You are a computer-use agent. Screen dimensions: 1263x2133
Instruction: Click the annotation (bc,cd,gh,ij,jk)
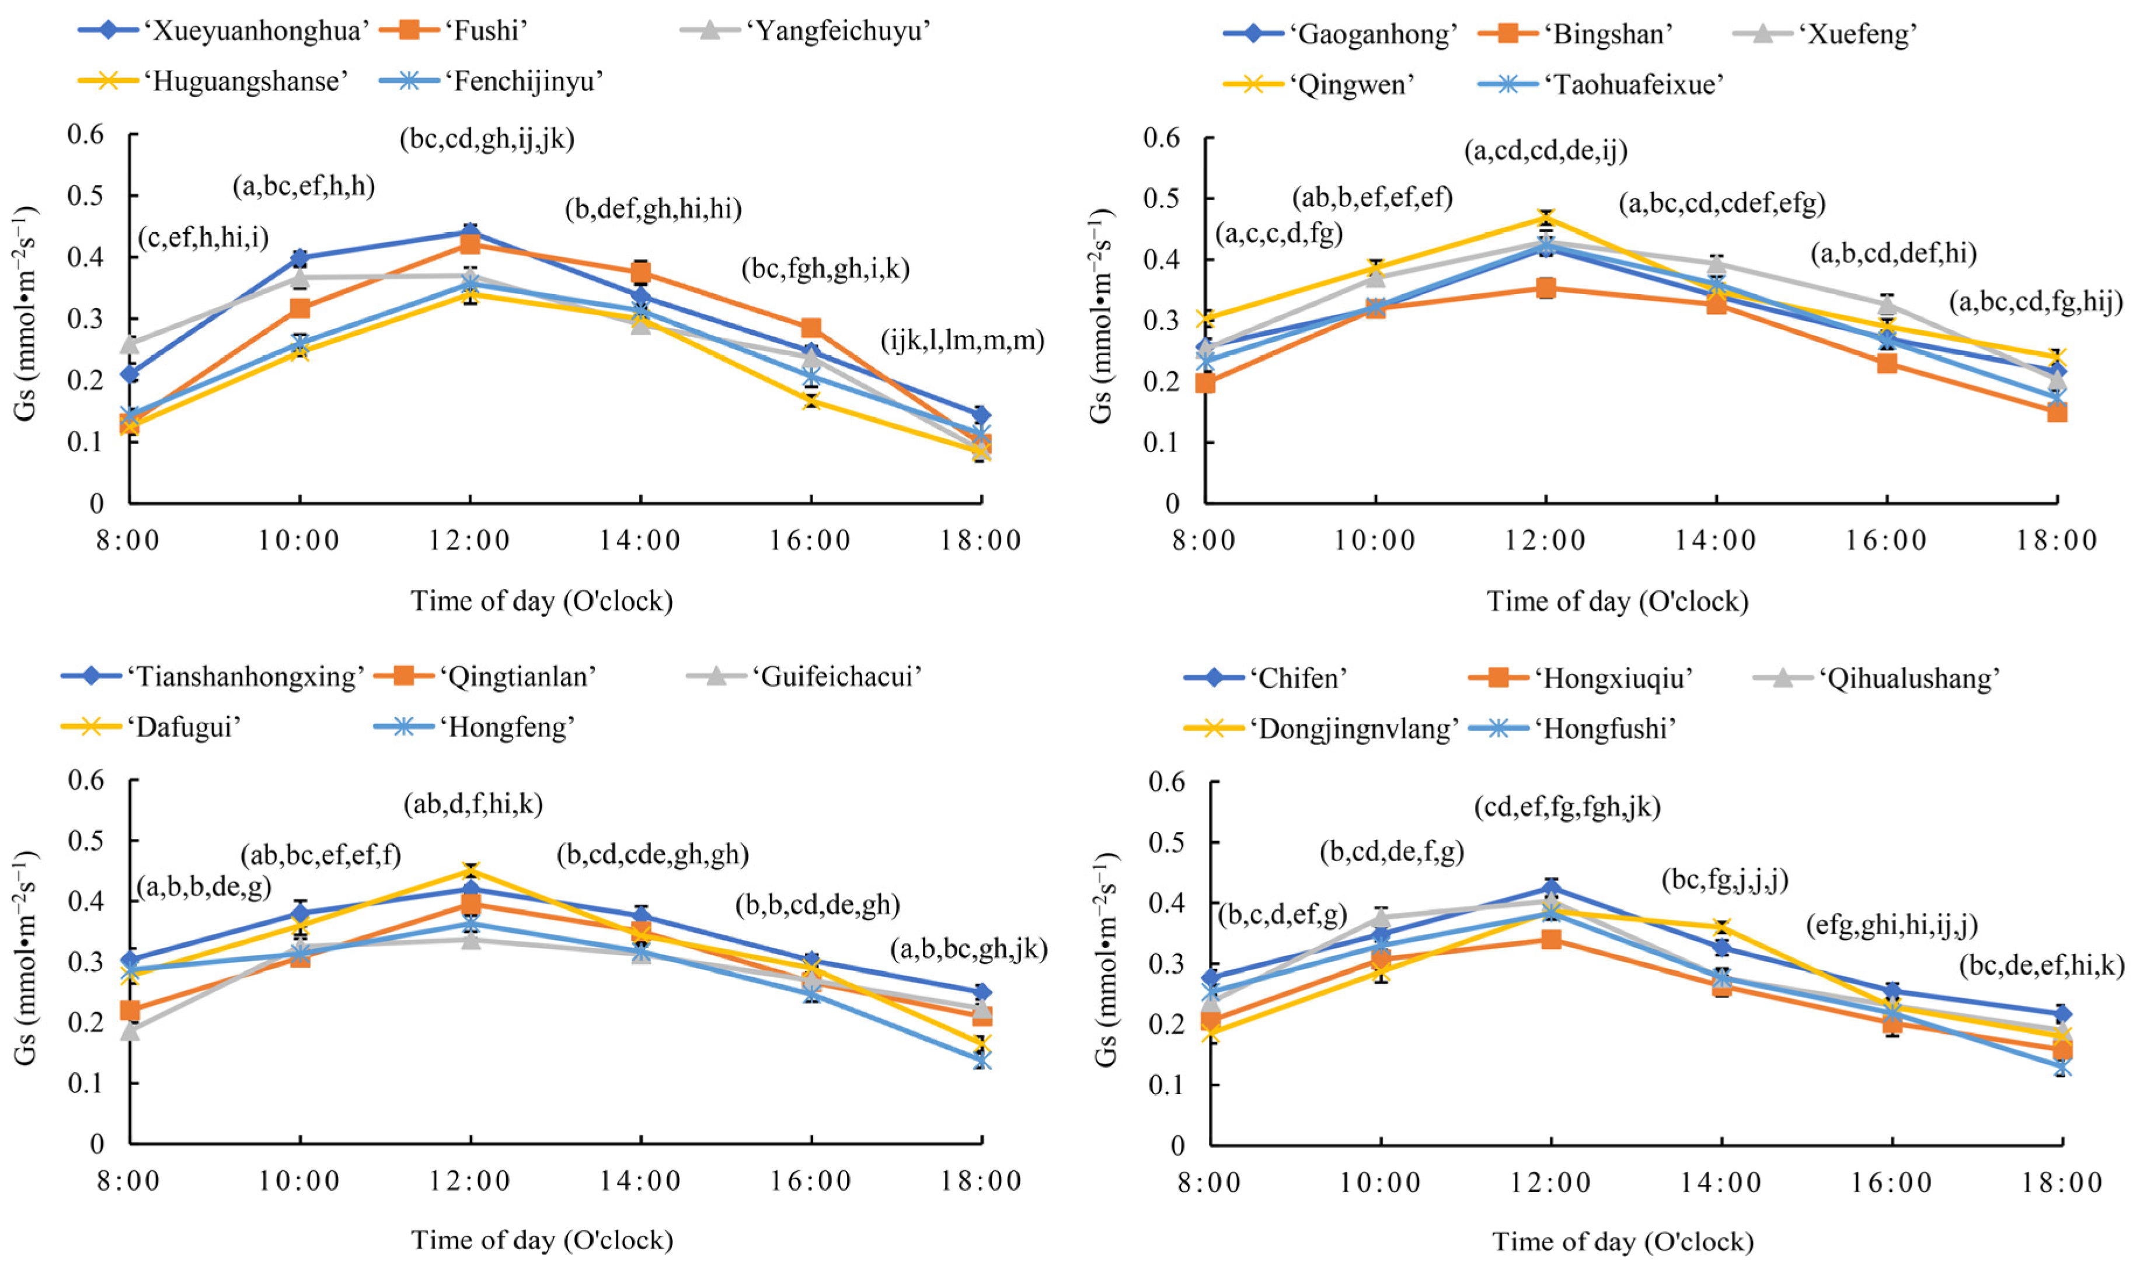(x=487, y=139)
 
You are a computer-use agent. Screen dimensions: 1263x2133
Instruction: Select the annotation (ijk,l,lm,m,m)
(x=962, y=341)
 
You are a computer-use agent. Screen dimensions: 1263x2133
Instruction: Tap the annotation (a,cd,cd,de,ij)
(x=1546, y=151)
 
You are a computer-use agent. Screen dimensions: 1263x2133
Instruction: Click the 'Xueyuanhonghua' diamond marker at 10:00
(x=299, y=258)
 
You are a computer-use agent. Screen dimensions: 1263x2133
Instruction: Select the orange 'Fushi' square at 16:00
(x=811, y=328)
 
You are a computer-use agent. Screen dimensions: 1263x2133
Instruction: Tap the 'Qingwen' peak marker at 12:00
(x=1546, y=218)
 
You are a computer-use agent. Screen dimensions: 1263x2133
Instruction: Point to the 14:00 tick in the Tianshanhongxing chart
(x=640, y=1181)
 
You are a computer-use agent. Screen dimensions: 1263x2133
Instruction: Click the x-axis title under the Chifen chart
(x=1622, y=1241)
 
